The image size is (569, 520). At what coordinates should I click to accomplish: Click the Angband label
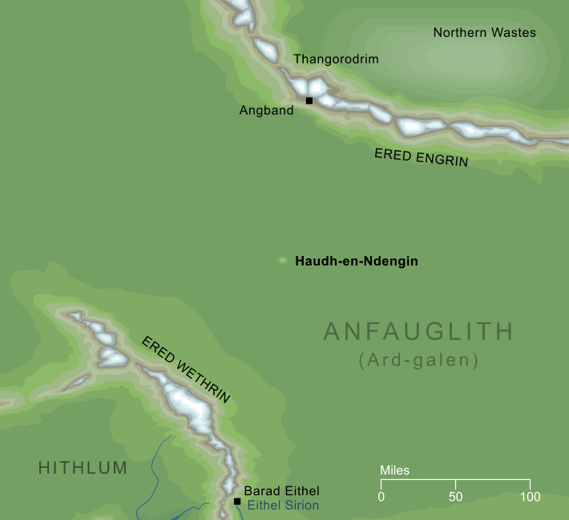(266, 111)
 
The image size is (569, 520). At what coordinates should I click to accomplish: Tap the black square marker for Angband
(309, 100)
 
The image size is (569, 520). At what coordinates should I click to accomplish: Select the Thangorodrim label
(336, 59)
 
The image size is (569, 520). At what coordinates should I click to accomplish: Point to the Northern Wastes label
(484, 33)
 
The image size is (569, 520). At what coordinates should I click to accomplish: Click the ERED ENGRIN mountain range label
(421, 156)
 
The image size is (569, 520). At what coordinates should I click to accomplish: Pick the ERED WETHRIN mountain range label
(186, 369)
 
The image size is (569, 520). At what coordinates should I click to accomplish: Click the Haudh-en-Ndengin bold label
(357, 261)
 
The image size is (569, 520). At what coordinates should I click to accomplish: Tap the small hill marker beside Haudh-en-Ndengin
(282, 260)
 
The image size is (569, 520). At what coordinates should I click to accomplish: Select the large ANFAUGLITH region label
(418, 332)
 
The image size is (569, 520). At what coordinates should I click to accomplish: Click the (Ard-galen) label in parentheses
(418, 361)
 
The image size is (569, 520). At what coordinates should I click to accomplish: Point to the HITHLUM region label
(83, 469)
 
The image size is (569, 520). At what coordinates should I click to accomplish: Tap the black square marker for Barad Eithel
(237, 502)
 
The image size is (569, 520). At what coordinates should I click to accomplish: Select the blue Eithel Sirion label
(283, 506)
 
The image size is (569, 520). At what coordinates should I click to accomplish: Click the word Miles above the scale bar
(394, 470)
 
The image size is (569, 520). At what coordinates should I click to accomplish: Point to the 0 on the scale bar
(381, 497)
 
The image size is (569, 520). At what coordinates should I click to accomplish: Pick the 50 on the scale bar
(455, 497)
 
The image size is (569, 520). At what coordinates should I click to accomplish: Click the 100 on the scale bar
(529, 497)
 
